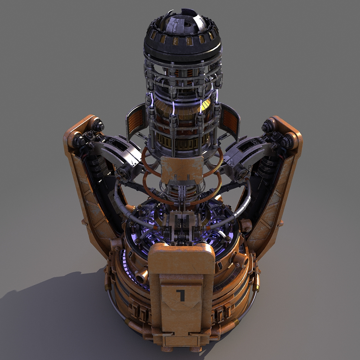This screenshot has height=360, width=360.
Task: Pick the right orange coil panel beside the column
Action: click(x=230, y=119)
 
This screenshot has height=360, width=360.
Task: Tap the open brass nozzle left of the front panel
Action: click(x=141, y=276)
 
